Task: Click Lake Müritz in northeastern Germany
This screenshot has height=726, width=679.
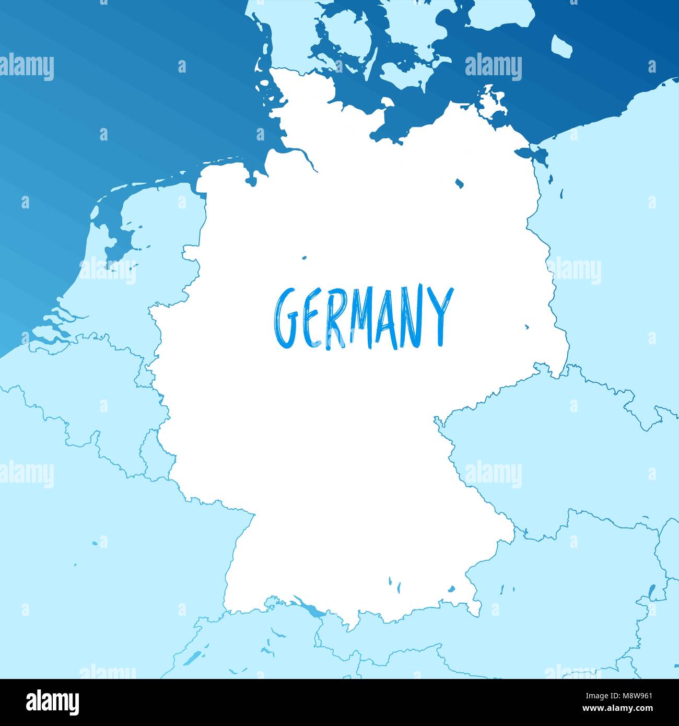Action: coord(459,183)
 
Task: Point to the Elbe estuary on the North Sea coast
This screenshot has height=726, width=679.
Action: coord(292,153)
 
